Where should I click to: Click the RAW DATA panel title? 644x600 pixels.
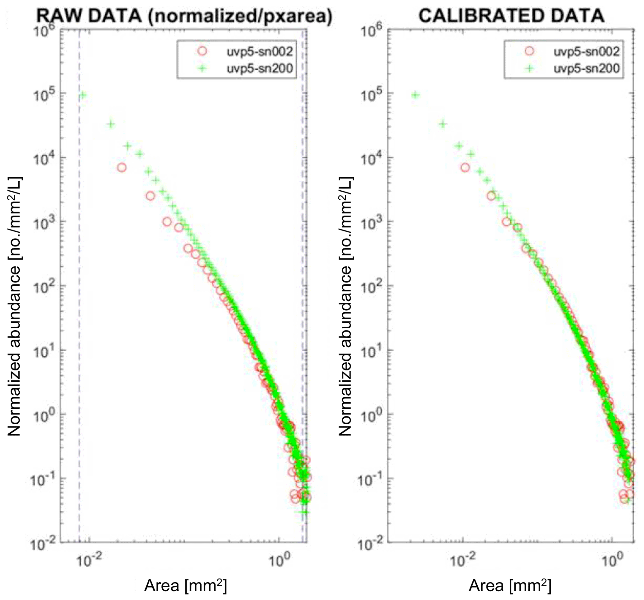(184, 16)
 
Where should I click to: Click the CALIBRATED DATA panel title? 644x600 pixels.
(511, 16)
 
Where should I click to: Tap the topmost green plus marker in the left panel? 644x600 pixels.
(83, 95)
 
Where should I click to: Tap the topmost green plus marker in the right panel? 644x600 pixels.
(415, 95)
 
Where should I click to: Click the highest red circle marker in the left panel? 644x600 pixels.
(122, 168)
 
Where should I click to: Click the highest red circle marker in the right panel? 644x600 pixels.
(465, 168)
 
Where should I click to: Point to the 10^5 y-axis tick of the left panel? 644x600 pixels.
(44, 93)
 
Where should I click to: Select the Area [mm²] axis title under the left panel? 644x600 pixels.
(185, 586)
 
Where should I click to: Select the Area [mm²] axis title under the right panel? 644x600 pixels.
(510, 586)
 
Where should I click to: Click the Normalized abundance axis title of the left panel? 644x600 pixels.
(14, 306)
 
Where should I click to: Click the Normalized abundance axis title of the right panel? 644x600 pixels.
(345, 306)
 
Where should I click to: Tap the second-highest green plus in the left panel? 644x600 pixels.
(111, 124)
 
